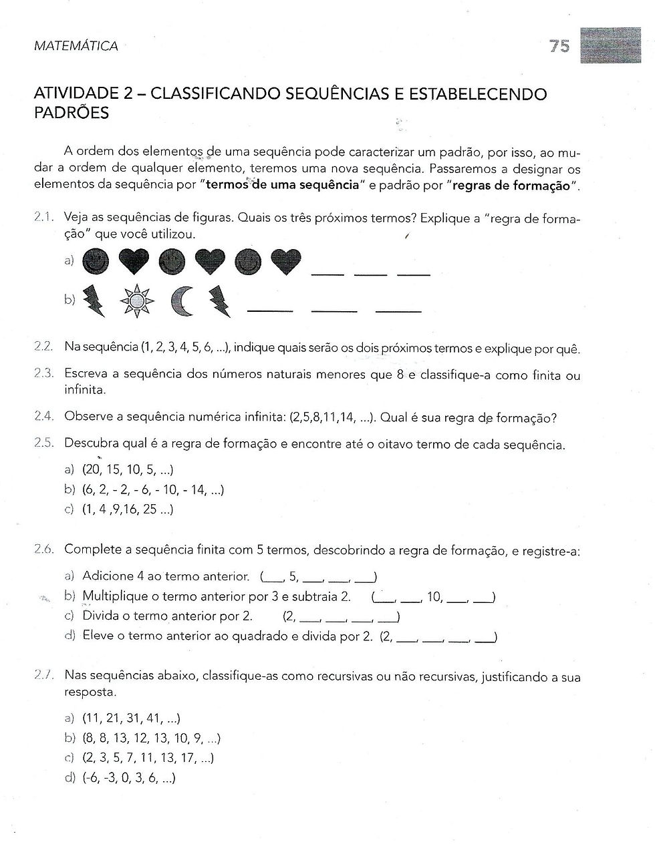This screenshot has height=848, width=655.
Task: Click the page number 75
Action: (x=559, y=46)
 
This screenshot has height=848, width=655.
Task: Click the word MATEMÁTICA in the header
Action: (x=75, y=46)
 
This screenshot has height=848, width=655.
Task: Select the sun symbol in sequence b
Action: (x=136, y=302)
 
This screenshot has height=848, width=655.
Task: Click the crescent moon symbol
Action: (x=181, y=302)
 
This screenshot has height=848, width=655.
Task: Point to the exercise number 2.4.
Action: (x=43, y=418)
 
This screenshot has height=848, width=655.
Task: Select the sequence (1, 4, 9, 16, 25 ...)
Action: (x=128, y=510)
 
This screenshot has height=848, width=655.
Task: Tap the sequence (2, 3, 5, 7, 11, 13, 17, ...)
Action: (x=148, y=758)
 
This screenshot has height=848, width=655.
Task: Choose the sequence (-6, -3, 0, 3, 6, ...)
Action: (x=128, y=778)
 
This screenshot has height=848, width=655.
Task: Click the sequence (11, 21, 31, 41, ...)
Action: (x=131, y=718)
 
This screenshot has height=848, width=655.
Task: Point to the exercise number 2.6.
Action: (x=43, y=550)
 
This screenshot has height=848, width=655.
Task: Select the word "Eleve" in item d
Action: (x=98, y=636)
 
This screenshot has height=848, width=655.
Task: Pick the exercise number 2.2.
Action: (x=43, y=348)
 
